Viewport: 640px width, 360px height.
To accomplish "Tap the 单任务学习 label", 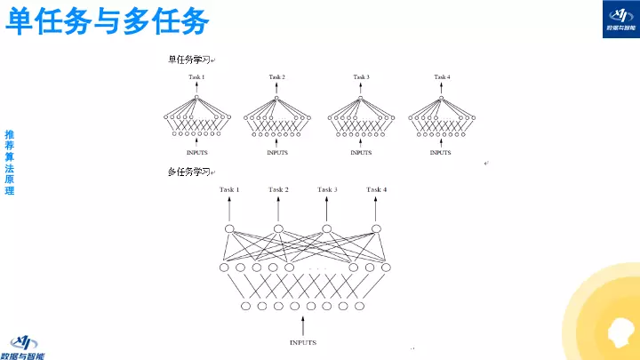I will tap(189, 60).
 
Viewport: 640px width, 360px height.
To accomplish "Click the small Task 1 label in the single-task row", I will tap(196, 77).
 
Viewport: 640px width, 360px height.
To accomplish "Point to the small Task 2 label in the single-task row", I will tap(277, 77).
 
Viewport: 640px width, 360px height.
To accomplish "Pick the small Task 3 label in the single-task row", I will tap(361, 77).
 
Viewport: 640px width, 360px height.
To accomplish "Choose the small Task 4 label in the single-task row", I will tap(442, 77).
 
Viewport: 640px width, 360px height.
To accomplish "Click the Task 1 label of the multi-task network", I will tap(229, 189).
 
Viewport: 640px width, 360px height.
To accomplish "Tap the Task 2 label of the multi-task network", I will tap(278, 189).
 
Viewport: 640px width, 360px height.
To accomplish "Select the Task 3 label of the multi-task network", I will tap(327, 189).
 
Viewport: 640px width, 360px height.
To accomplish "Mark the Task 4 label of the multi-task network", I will tap(377, 189).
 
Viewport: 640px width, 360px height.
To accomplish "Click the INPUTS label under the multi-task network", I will tap(302, 342).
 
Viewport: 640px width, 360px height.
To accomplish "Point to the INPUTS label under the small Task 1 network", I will tap(196, 153).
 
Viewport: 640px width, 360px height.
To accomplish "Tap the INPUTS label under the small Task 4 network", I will tap(441, 153).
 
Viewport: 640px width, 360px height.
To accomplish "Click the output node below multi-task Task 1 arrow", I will tap(229, 229).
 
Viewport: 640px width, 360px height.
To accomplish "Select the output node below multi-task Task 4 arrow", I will tap(377, 229).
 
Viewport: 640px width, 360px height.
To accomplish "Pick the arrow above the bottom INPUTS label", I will tap(302, 324).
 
